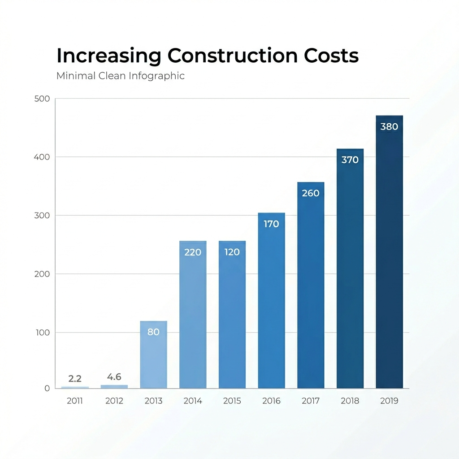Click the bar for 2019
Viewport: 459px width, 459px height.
389,255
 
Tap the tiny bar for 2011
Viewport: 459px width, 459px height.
75,387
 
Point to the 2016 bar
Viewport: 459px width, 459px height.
271,305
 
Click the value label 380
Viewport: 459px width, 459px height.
389,127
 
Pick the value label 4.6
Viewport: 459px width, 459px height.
114,377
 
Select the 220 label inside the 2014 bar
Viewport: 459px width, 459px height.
193,252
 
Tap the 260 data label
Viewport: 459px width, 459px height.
311,194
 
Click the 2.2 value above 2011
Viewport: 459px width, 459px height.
75,379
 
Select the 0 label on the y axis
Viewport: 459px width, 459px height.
47,389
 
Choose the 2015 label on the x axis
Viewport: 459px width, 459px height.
232,401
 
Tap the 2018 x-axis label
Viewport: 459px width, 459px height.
350,401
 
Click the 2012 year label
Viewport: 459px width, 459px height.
114,401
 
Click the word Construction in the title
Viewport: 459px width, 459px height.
232,56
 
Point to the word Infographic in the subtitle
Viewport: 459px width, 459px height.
156,76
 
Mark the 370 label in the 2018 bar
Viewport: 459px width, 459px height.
350,160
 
